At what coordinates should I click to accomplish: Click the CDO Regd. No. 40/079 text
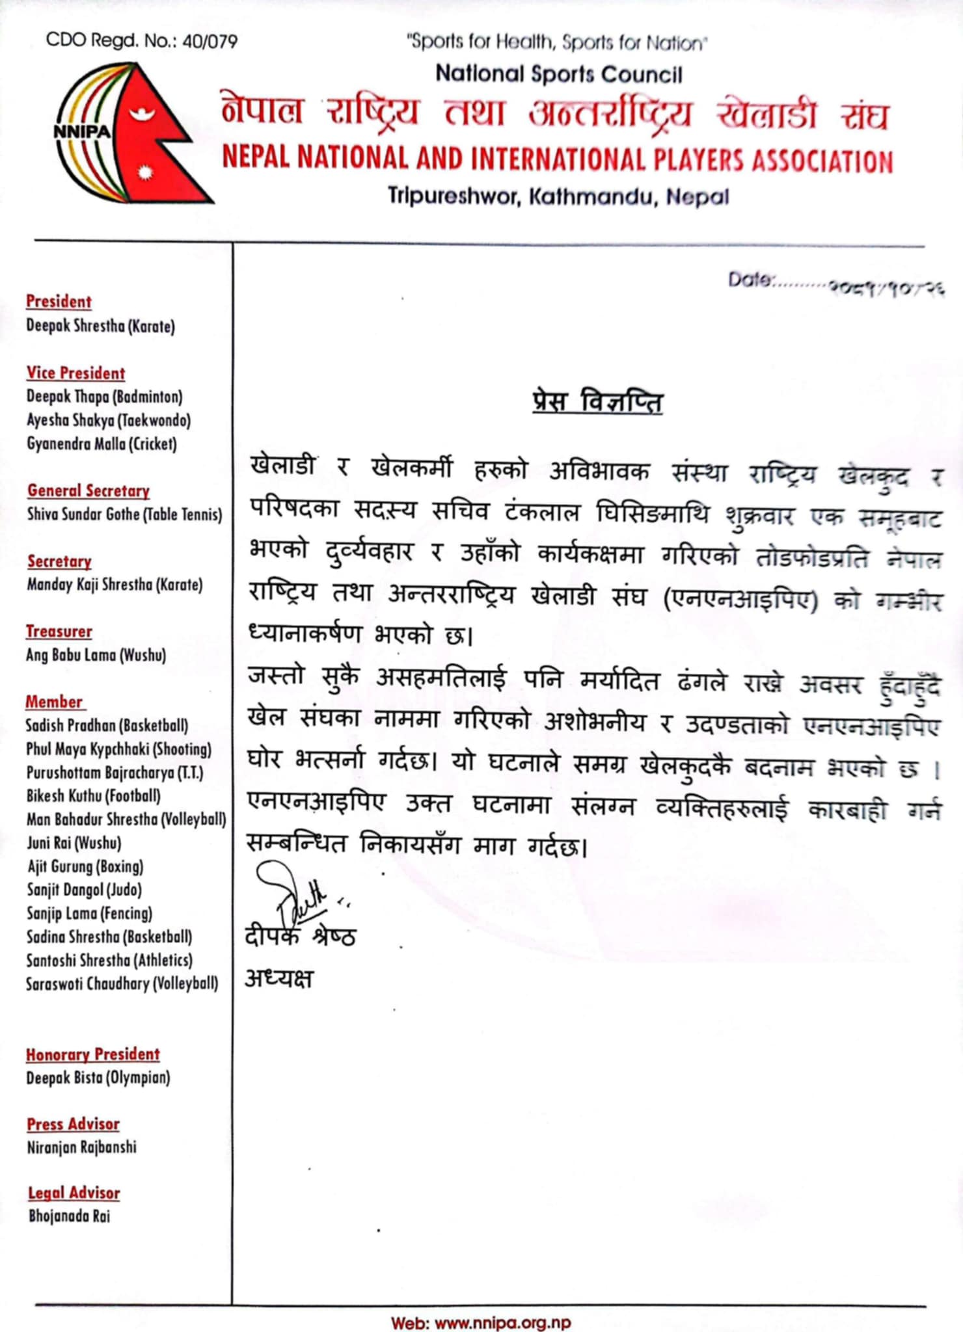(x=141, y=41)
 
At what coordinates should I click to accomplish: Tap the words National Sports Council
(x=559, y=74)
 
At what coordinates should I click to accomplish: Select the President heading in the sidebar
(x=59, y=302)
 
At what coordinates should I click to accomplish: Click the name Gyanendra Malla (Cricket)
(x=102, y=444)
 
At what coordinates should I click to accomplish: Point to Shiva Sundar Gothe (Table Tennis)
(x=124, y=514)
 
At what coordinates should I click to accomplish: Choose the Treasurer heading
(x=59, y=632)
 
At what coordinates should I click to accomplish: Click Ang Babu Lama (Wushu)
(x=96, y=655)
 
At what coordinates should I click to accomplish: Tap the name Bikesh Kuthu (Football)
(x=93, y=796)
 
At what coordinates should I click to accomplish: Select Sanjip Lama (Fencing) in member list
(x=89, y=913)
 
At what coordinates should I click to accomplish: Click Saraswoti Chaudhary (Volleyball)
(x=122, y=983)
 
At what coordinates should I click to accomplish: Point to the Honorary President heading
(x=92, y=1054)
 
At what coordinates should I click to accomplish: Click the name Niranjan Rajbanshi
(x=81, y=1147)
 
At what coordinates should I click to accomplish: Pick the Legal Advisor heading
(x=74, y=1193)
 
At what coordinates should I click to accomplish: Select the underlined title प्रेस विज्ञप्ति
(x=597, y=402)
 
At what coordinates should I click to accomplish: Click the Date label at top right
(x=750, y=280)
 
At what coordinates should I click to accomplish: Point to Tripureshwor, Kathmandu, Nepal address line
(x=558, y=196)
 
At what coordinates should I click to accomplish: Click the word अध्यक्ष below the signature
(x=279, y=978)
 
